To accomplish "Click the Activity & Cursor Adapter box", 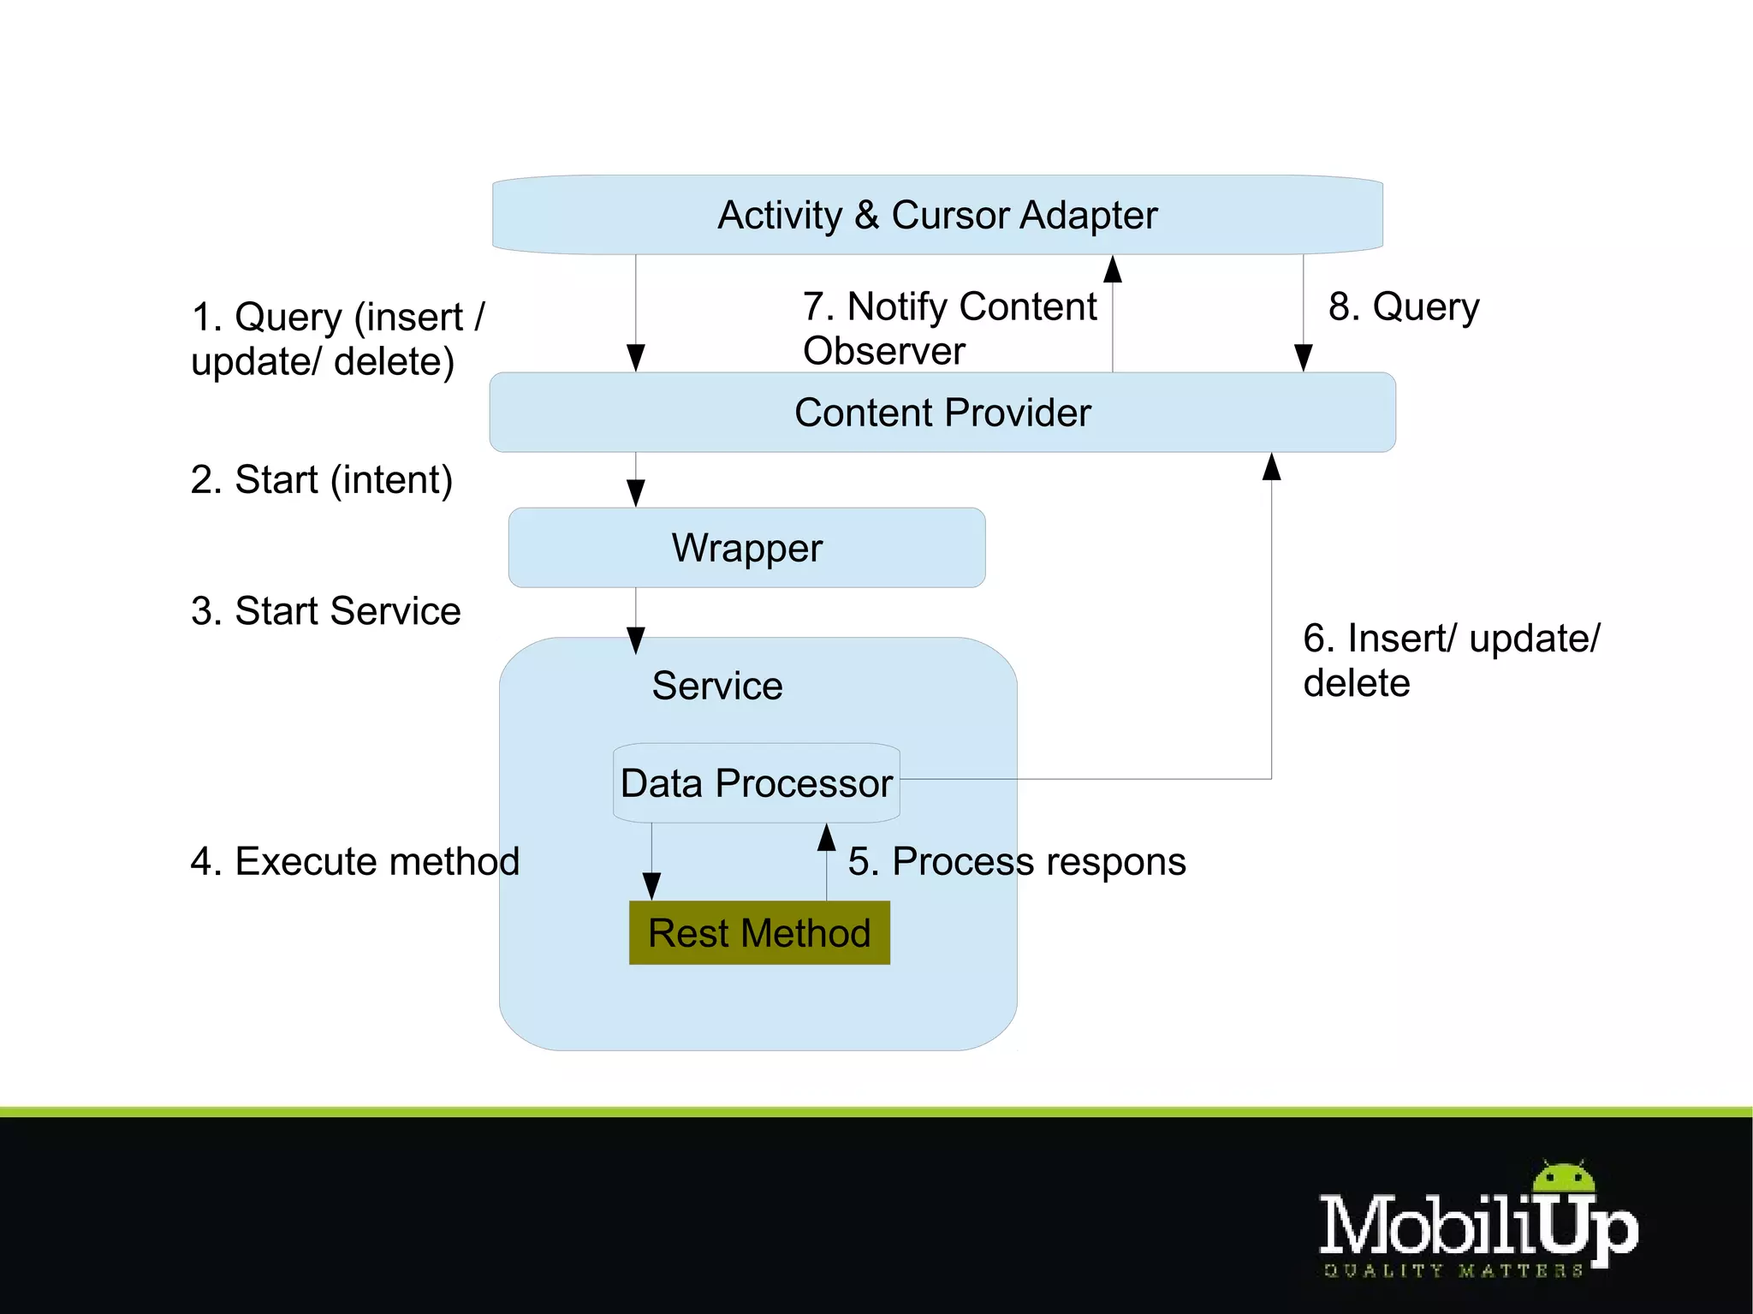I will (937, 215).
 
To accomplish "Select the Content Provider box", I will (942, 413).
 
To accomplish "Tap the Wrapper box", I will (746, 548).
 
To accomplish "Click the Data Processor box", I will (757, 783).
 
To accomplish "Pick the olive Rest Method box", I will (759, 933).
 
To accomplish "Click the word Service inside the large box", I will (717, 686).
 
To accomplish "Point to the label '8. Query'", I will (1404, 306).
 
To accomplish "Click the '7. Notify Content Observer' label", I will (948, 328).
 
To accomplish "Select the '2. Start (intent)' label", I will (321, 479).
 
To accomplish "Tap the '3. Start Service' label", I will (325, 611).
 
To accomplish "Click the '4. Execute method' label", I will (354, 861).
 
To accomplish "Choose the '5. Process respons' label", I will (1017, 861).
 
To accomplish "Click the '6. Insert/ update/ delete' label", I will (1450, 660).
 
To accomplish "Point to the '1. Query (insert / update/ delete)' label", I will (337, 339).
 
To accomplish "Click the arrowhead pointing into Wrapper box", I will (636, 494).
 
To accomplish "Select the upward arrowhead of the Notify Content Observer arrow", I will (1113, 269).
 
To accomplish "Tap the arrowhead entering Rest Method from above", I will (651, 887).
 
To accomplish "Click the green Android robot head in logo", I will (1564, 1179).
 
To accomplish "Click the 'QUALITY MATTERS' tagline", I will (1453, 1271).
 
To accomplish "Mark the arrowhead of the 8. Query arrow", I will (1304, 358).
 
